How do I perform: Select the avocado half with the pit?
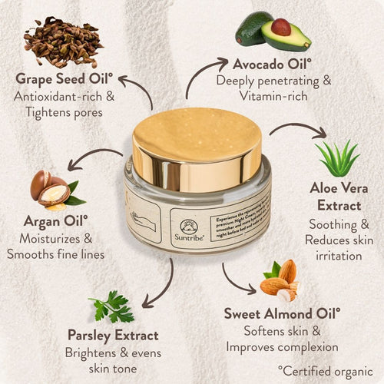click(285, 34)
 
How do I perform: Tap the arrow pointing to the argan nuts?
click(92, 160)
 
